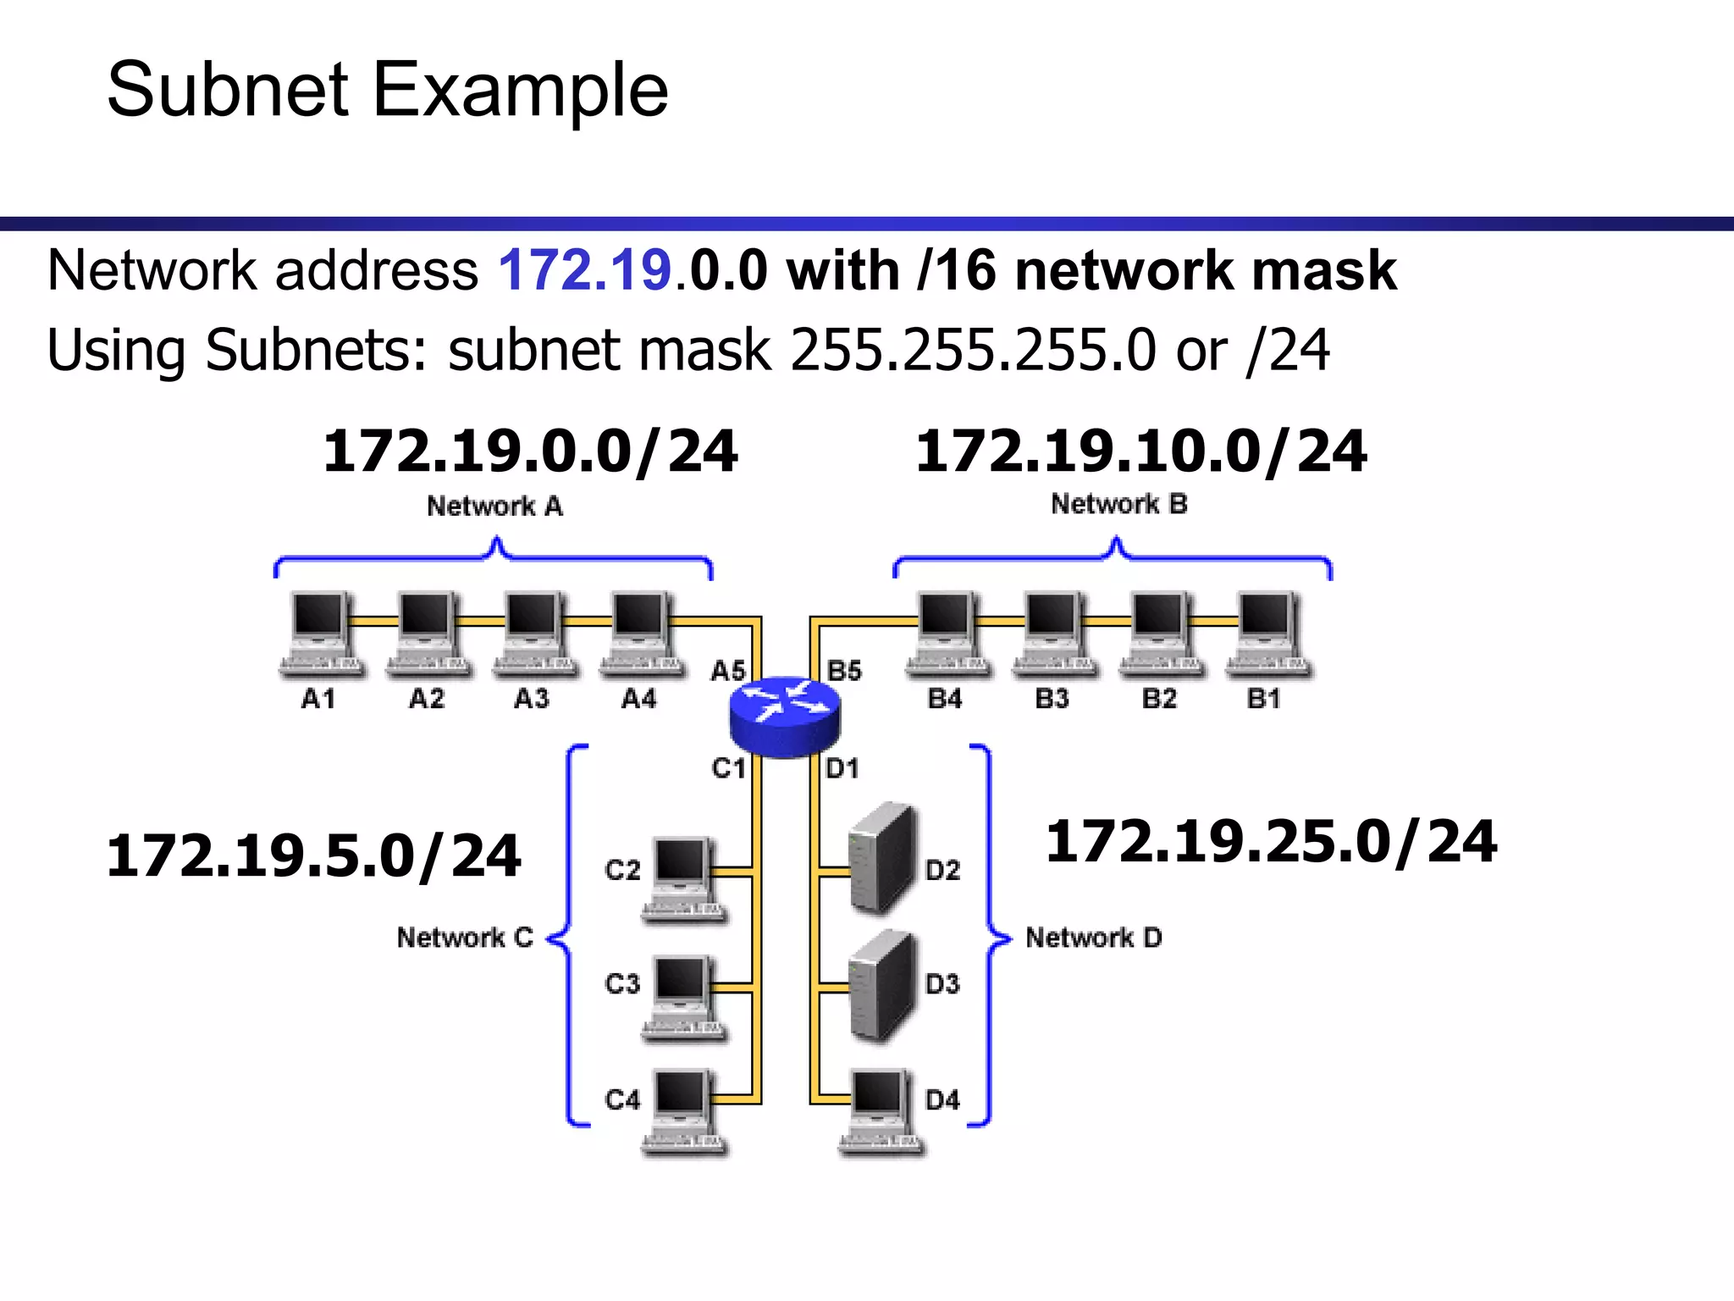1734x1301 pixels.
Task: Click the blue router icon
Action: (785, 716)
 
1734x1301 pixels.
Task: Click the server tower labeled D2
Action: (883, 857)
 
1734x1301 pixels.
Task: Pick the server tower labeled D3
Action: (883, 984)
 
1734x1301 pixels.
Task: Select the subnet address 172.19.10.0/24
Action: (1140, 451)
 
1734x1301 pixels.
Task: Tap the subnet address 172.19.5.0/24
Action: (313, 855)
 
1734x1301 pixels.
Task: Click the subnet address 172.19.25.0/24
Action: (1271, 842)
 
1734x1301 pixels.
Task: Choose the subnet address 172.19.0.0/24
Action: (531, 451)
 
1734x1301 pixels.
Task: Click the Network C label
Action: (465, 938)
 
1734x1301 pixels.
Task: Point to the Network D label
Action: (1094, 938)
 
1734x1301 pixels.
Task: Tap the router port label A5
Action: (727, 671)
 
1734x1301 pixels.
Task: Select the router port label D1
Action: (842, 768)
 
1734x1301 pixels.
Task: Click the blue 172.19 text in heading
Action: (585, 271)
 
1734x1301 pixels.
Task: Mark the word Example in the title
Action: (520, 90)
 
